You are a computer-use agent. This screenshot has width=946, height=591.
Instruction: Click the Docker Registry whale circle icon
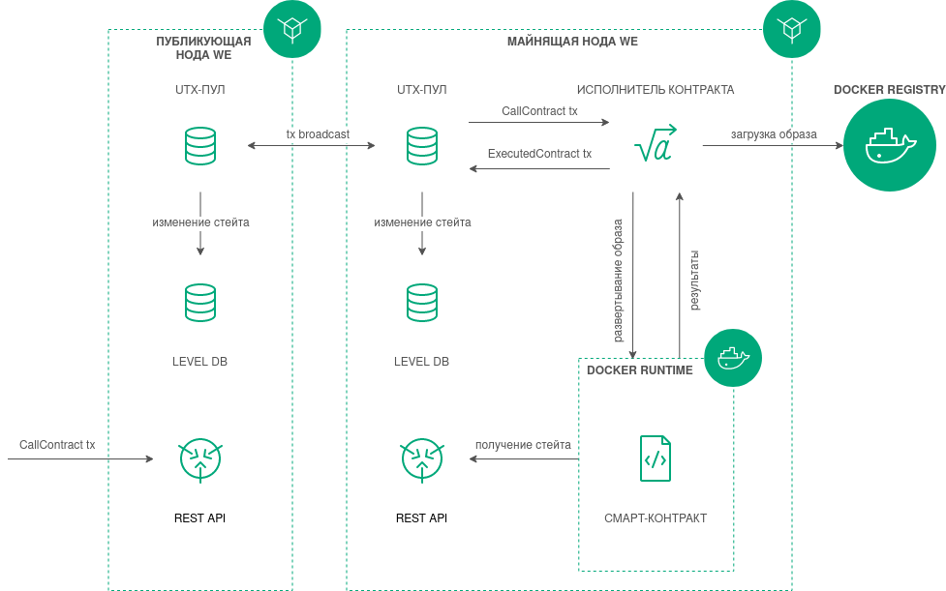890,145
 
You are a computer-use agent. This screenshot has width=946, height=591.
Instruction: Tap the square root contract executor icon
655,145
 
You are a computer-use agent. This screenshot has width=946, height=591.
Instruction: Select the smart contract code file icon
656,458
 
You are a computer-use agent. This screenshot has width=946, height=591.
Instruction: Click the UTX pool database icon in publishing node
200,145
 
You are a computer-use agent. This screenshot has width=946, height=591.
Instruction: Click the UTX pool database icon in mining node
422,145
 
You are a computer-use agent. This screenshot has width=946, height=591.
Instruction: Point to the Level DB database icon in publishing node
200,302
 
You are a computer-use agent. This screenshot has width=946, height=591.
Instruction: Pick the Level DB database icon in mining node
422,302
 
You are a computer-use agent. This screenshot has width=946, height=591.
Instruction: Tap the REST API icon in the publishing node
200,459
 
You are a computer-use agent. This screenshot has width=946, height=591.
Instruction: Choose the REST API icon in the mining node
422,459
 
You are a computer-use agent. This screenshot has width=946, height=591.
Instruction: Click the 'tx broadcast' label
318,133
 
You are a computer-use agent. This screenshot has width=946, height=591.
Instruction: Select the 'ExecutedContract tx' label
539,154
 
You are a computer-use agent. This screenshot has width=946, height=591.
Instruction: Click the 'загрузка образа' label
774,134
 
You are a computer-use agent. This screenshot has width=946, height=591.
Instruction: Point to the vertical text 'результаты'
694,281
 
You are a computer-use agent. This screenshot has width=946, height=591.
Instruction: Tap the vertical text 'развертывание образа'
618,281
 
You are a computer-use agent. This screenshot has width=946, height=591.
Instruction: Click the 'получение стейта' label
523,445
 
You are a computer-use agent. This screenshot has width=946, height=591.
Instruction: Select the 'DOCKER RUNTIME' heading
640,370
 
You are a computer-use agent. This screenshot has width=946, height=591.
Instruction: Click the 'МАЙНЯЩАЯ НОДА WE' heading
572,42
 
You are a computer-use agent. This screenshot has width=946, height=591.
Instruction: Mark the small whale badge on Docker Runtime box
733,358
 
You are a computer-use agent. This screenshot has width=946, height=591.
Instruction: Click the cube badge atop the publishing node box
291,29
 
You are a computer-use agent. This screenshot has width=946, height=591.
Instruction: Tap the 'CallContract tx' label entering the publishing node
57,445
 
